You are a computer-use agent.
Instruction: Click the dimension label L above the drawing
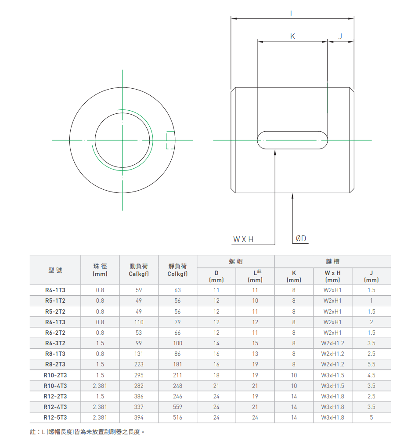click(292, 13)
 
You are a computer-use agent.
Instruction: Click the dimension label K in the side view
click(292, 36)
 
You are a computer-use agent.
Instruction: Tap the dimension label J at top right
click(340, 36)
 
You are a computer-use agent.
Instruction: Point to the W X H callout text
click(243, 239)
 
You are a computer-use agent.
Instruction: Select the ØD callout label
click(301, 239)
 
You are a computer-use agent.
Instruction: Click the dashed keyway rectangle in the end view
click(170, 140)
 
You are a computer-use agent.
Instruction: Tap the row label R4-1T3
click(55, 290)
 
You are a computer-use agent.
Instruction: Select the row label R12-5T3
click(55, 417)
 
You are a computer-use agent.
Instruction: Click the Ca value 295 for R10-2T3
click(139, 375)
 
